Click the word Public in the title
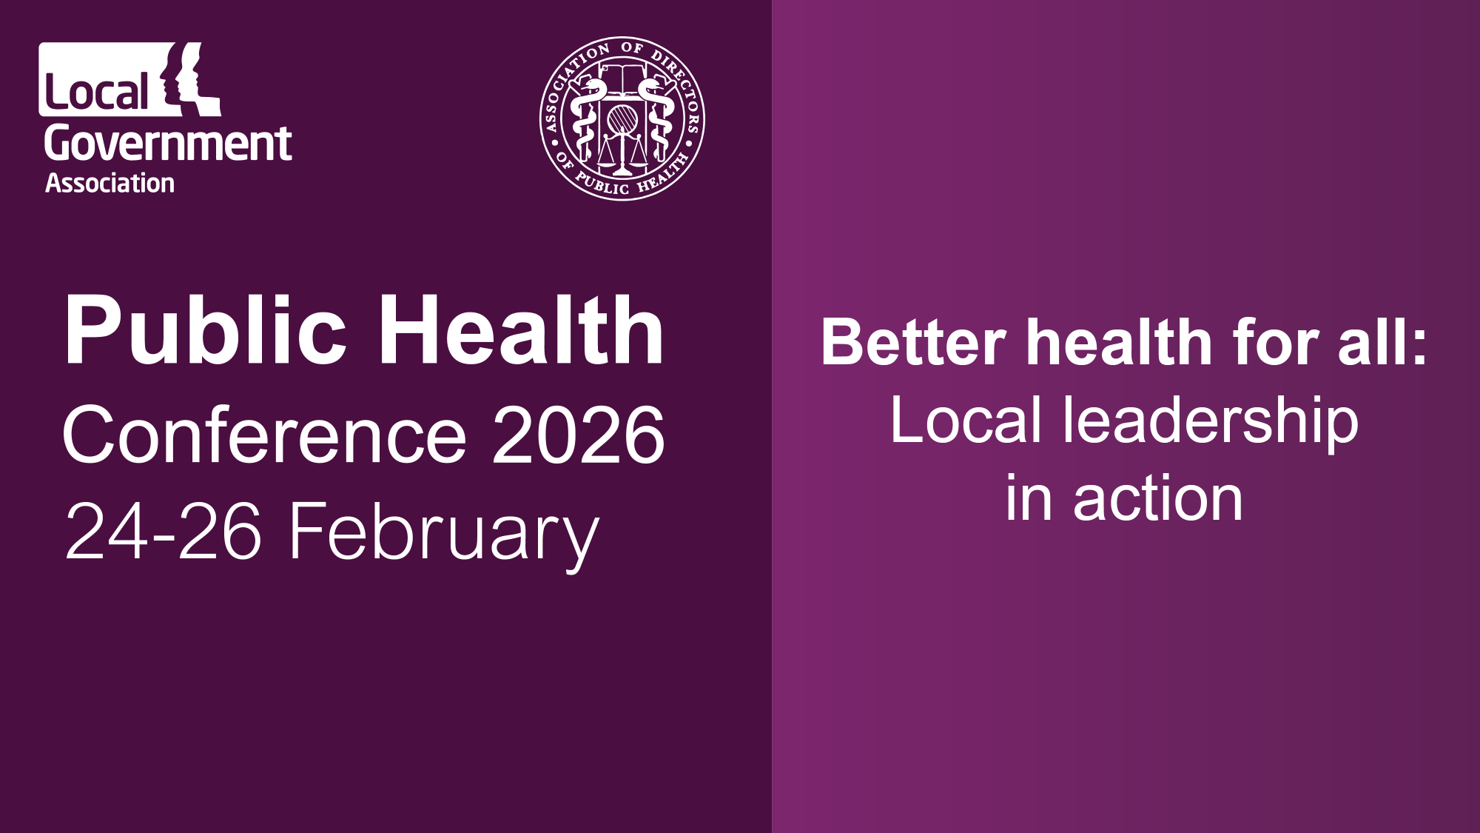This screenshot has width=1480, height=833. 205,330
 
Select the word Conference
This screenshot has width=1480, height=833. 265,435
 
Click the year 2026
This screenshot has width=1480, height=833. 579,435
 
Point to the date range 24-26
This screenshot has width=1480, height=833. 164,530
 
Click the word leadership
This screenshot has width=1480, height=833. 1211,422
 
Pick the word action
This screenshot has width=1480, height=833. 1158,499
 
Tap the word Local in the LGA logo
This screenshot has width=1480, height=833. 97,92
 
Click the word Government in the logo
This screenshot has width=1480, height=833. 168,143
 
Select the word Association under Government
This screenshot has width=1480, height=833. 110,183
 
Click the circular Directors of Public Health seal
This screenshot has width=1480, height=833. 622,118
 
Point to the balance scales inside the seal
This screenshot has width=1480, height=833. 622,152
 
